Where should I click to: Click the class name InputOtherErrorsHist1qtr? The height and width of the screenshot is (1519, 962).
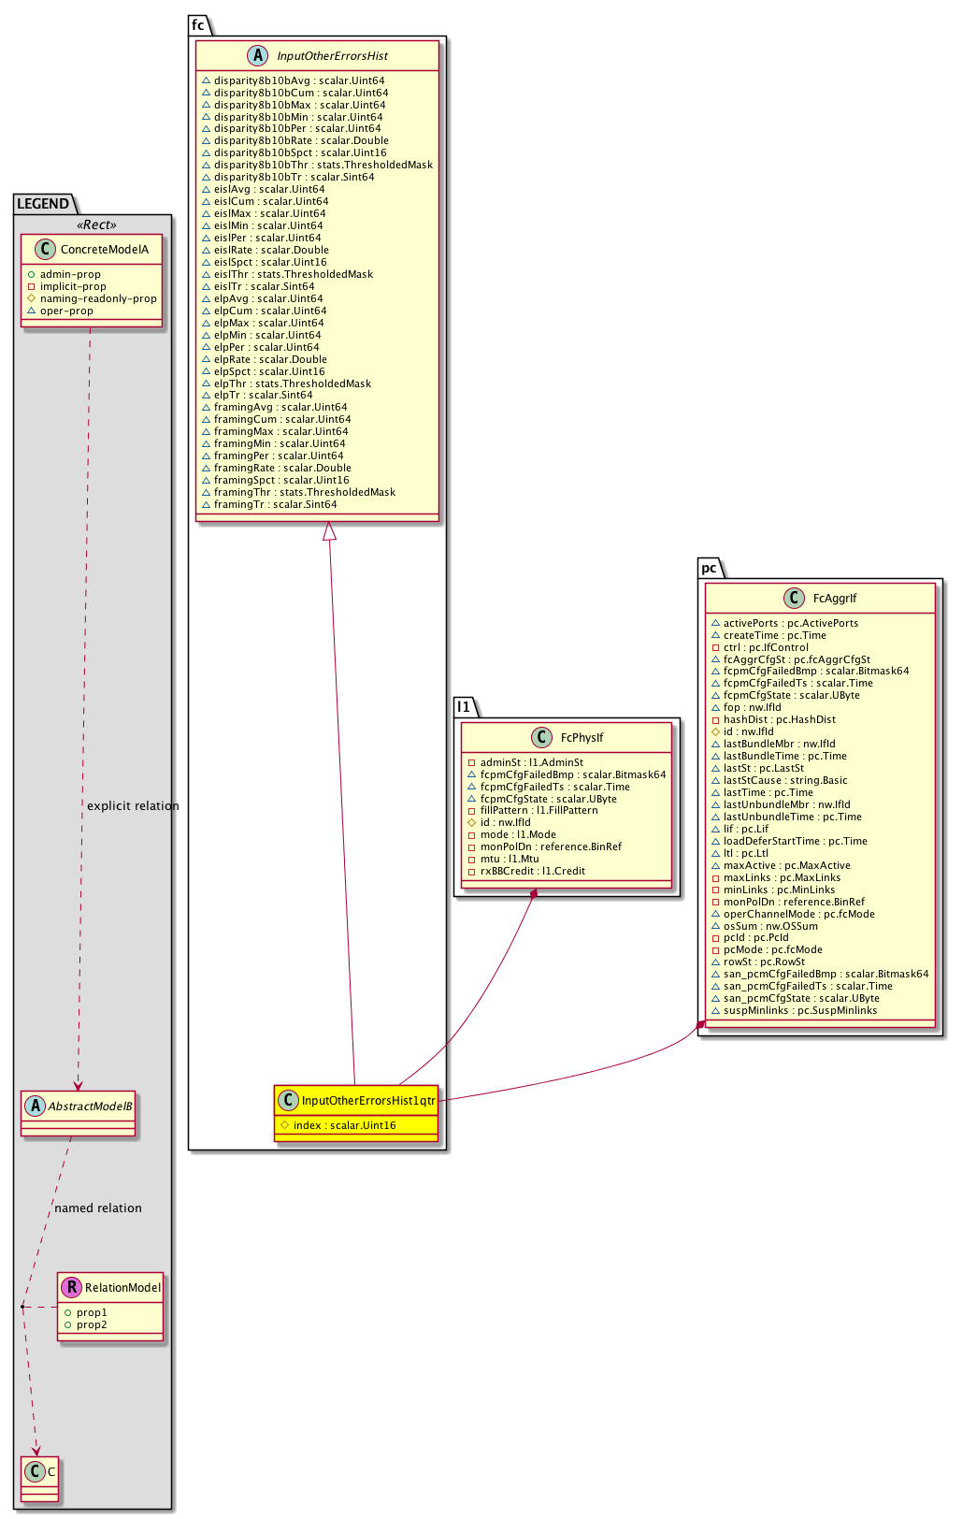[x=368, y=1101]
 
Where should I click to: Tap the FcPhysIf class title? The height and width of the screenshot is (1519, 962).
[x=582, y=738]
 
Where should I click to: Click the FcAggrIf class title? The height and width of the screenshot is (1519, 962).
[x=835, y=599]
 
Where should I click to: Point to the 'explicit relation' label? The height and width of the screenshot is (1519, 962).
[x=133, y=806]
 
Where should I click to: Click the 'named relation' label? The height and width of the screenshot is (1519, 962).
[x=98, y=1208]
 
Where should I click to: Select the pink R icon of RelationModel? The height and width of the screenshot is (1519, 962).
[x=71, y=1288]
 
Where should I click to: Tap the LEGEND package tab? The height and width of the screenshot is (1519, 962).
[x=43, y=204]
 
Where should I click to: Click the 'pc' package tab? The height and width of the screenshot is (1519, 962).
[x=709, y=568]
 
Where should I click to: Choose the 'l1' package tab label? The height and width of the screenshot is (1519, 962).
[x=464, y=706]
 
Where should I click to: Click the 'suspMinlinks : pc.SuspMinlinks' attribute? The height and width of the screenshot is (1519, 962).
[x=800, y=1010]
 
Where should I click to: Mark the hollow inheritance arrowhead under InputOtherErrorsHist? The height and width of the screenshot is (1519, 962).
[x=329, y=531]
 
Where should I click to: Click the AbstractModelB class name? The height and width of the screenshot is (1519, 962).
[x=90, y=1107]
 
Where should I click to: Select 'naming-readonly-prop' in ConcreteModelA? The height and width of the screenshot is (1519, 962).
[x=98, y=299]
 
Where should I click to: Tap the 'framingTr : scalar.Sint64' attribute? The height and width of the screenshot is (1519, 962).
[x=275, y=504]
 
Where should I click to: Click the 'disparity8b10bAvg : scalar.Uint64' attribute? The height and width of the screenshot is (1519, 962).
[x=298, y=80]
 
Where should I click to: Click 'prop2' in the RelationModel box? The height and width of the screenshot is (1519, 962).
[x=92, y=1324]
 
